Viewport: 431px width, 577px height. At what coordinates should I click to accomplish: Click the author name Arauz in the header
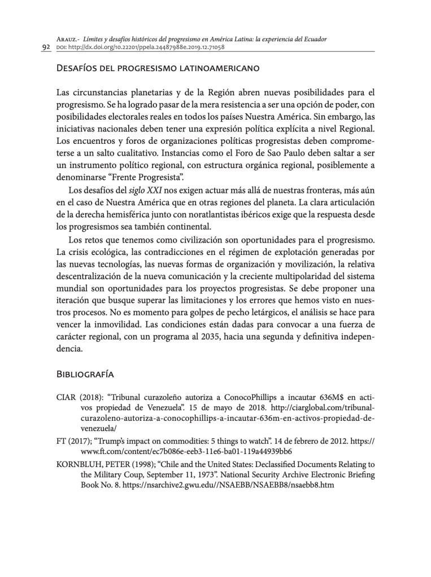pyautogui.click(x=68, y=38)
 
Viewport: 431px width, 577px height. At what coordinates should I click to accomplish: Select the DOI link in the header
pyautogui.click(x=147, y=47)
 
